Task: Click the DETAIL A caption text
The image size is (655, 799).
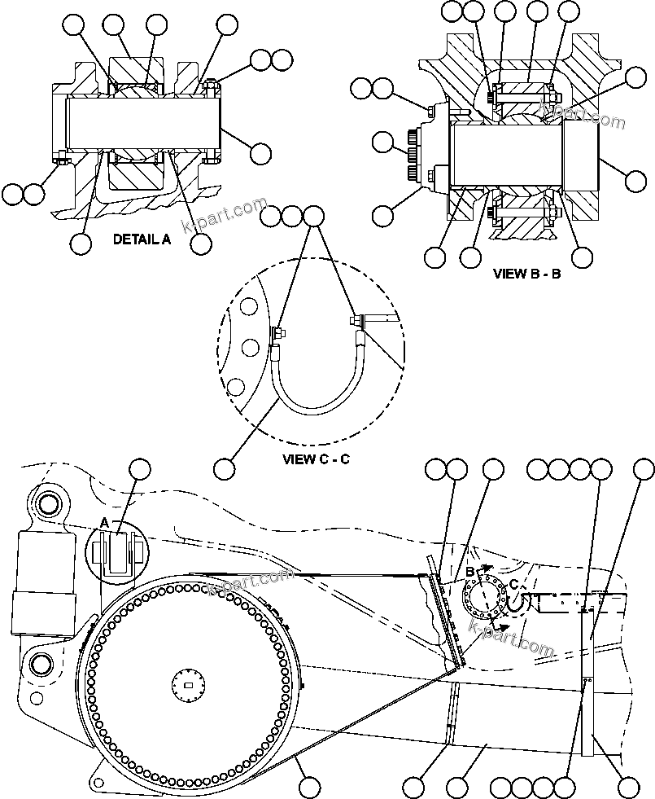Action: click(x=142, y=239)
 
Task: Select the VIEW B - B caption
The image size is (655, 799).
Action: click(x=526, y=274)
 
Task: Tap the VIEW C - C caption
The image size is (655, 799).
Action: click(x=316, y=459)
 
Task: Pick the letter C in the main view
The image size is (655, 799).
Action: click(x=514, y=583)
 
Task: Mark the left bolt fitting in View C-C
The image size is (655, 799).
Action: click(x=277, y=331)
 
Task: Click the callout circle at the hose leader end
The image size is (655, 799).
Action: click(x=225, y=468)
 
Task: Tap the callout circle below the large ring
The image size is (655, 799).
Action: click(x=308, y=787)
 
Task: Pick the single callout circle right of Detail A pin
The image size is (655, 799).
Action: click(x=260, y=153)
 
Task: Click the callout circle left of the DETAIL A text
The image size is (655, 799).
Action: click(x=81, y=243)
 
